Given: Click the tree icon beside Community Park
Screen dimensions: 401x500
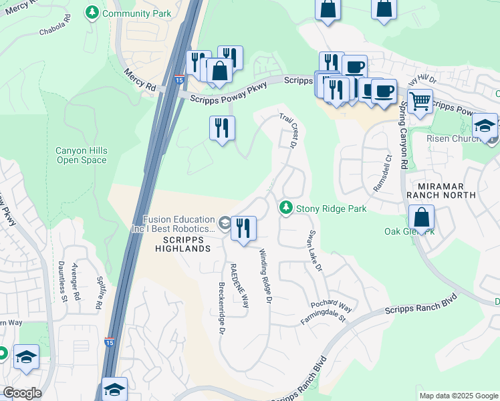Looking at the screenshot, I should click(x=92, y=12).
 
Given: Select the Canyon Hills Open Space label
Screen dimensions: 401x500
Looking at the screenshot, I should click(x=81, y=155).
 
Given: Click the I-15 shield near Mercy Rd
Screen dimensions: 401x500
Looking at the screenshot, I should click(x=179, y=80).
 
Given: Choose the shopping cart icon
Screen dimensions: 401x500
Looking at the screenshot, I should click(x=420, y=102).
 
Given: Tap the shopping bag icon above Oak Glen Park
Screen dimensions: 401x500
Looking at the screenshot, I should click(x=421, y=218).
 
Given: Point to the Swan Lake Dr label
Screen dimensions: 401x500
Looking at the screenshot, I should click(x=315, y=252).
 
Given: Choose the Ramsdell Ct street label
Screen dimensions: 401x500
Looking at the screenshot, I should click(x=382, y=174).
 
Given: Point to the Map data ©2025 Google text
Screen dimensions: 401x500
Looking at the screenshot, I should click(x=458, y=396).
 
